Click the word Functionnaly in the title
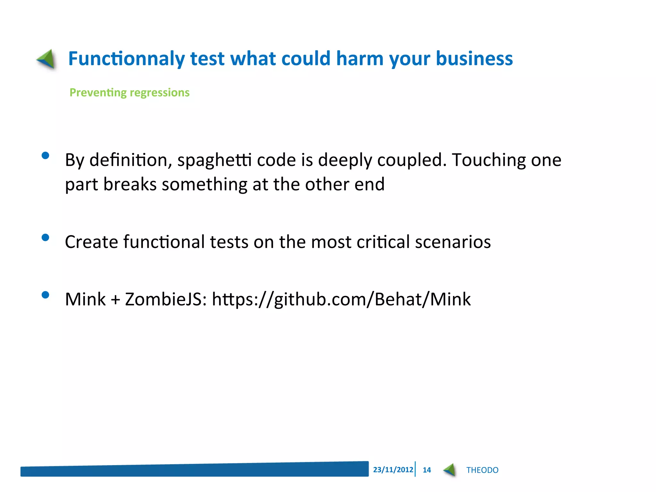[x=127, y=59]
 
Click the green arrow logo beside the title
[x=46, y=59]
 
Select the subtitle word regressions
[x=160, y=93]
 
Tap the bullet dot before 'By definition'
[x=45, y=156]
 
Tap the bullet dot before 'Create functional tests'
[x=45, y=237]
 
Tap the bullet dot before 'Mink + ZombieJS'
[x=45, y=295]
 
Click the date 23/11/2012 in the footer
[x=393, y=470]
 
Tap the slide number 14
[x=427, y=470]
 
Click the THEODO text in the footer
[x=482, y=470]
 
